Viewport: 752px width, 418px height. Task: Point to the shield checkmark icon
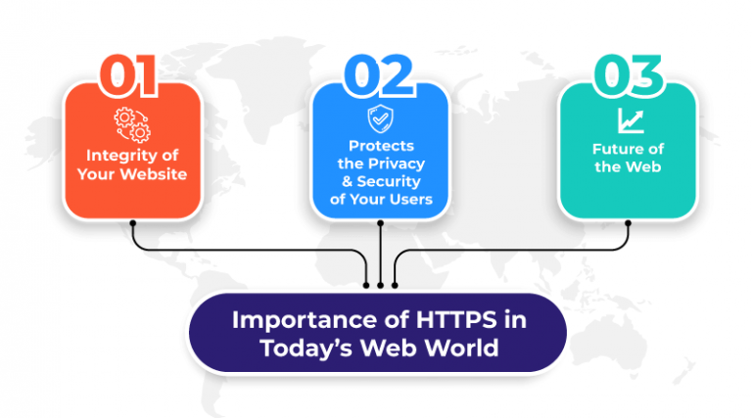pyautogui.click(x=379, y=119)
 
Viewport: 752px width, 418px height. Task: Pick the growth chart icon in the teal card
pyautogui.click(x=627, y=120)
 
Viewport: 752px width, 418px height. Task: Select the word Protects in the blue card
pyautogui.click(x=380, y=146)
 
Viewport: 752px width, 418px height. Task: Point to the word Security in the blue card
pyautogui.click(x=396, y=182)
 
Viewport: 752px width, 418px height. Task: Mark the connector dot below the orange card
pyautogui.click(x=132, y=223)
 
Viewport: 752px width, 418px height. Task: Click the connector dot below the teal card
pyautogui.click(x=628, y=223)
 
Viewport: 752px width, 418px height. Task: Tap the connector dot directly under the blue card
pyautogui.click(x=380, y=223)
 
